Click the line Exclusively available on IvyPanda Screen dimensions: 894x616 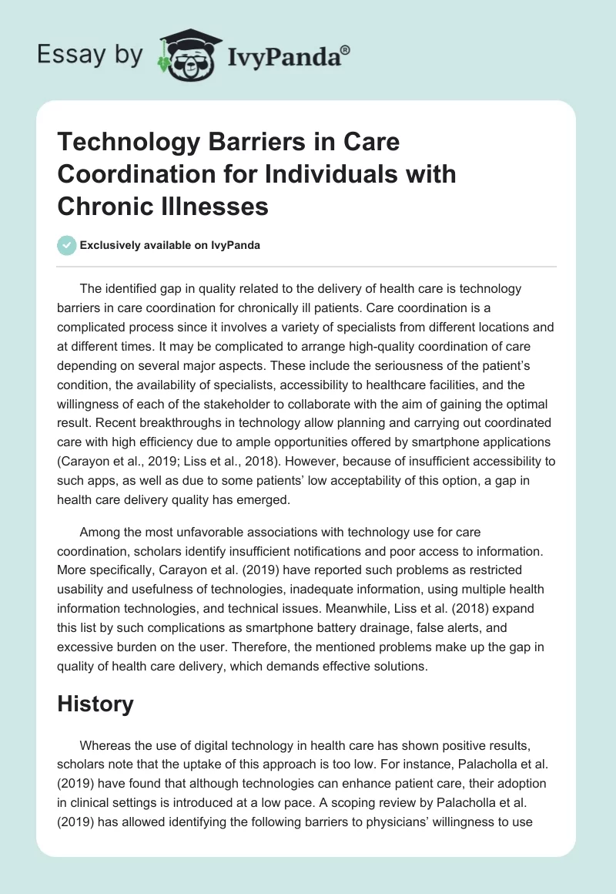(169, 245)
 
